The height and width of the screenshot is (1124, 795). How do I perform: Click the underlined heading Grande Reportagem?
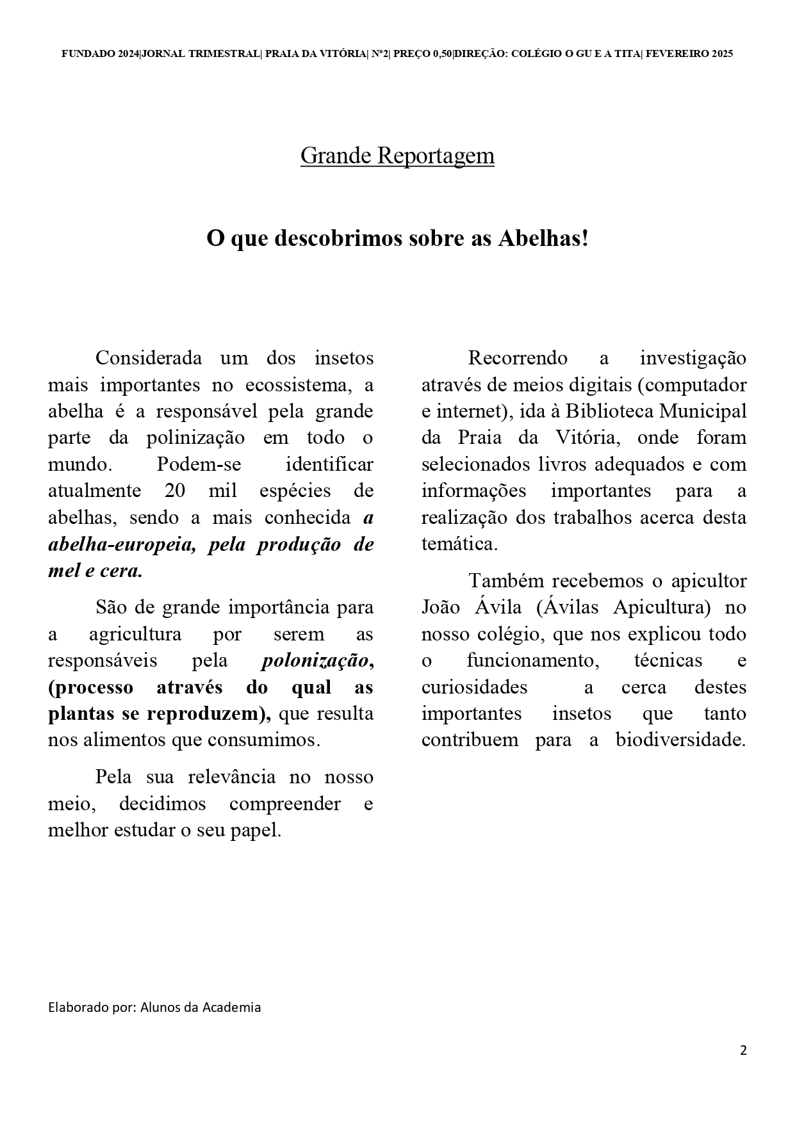point(397,156)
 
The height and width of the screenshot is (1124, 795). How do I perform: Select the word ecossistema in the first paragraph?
point(297,385)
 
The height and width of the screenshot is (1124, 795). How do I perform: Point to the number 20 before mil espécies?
point(175,491)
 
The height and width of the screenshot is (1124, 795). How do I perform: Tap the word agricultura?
point(135,634)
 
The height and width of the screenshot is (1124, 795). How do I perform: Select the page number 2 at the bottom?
point(743,1050)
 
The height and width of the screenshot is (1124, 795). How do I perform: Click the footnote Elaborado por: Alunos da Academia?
point(154,1007)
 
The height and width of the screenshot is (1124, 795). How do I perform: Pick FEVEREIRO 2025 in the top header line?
point(689,54)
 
